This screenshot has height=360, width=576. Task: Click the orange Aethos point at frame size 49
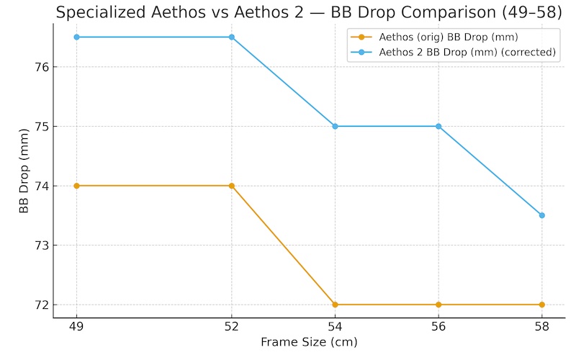76,186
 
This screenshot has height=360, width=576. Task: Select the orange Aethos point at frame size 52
232,186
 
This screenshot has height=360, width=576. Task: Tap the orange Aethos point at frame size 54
335,305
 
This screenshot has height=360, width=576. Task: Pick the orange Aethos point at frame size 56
438,305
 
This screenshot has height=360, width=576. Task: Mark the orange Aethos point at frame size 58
541,305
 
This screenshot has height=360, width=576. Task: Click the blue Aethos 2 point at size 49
76,37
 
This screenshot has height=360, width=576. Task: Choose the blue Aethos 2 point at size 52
232,37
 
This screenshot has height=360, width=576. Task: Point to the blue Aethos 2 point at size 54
335,126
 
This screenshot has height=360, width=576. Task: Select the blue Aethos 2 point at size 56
438,126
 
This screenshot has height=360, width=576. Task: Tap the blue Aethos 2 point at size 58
541,215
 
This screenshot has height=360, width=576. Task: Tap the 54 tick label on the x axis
335,326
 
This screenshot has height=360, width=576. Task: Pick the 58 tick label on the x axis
541,326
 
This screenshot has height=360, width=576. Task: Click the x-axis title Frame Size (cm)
309,342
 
